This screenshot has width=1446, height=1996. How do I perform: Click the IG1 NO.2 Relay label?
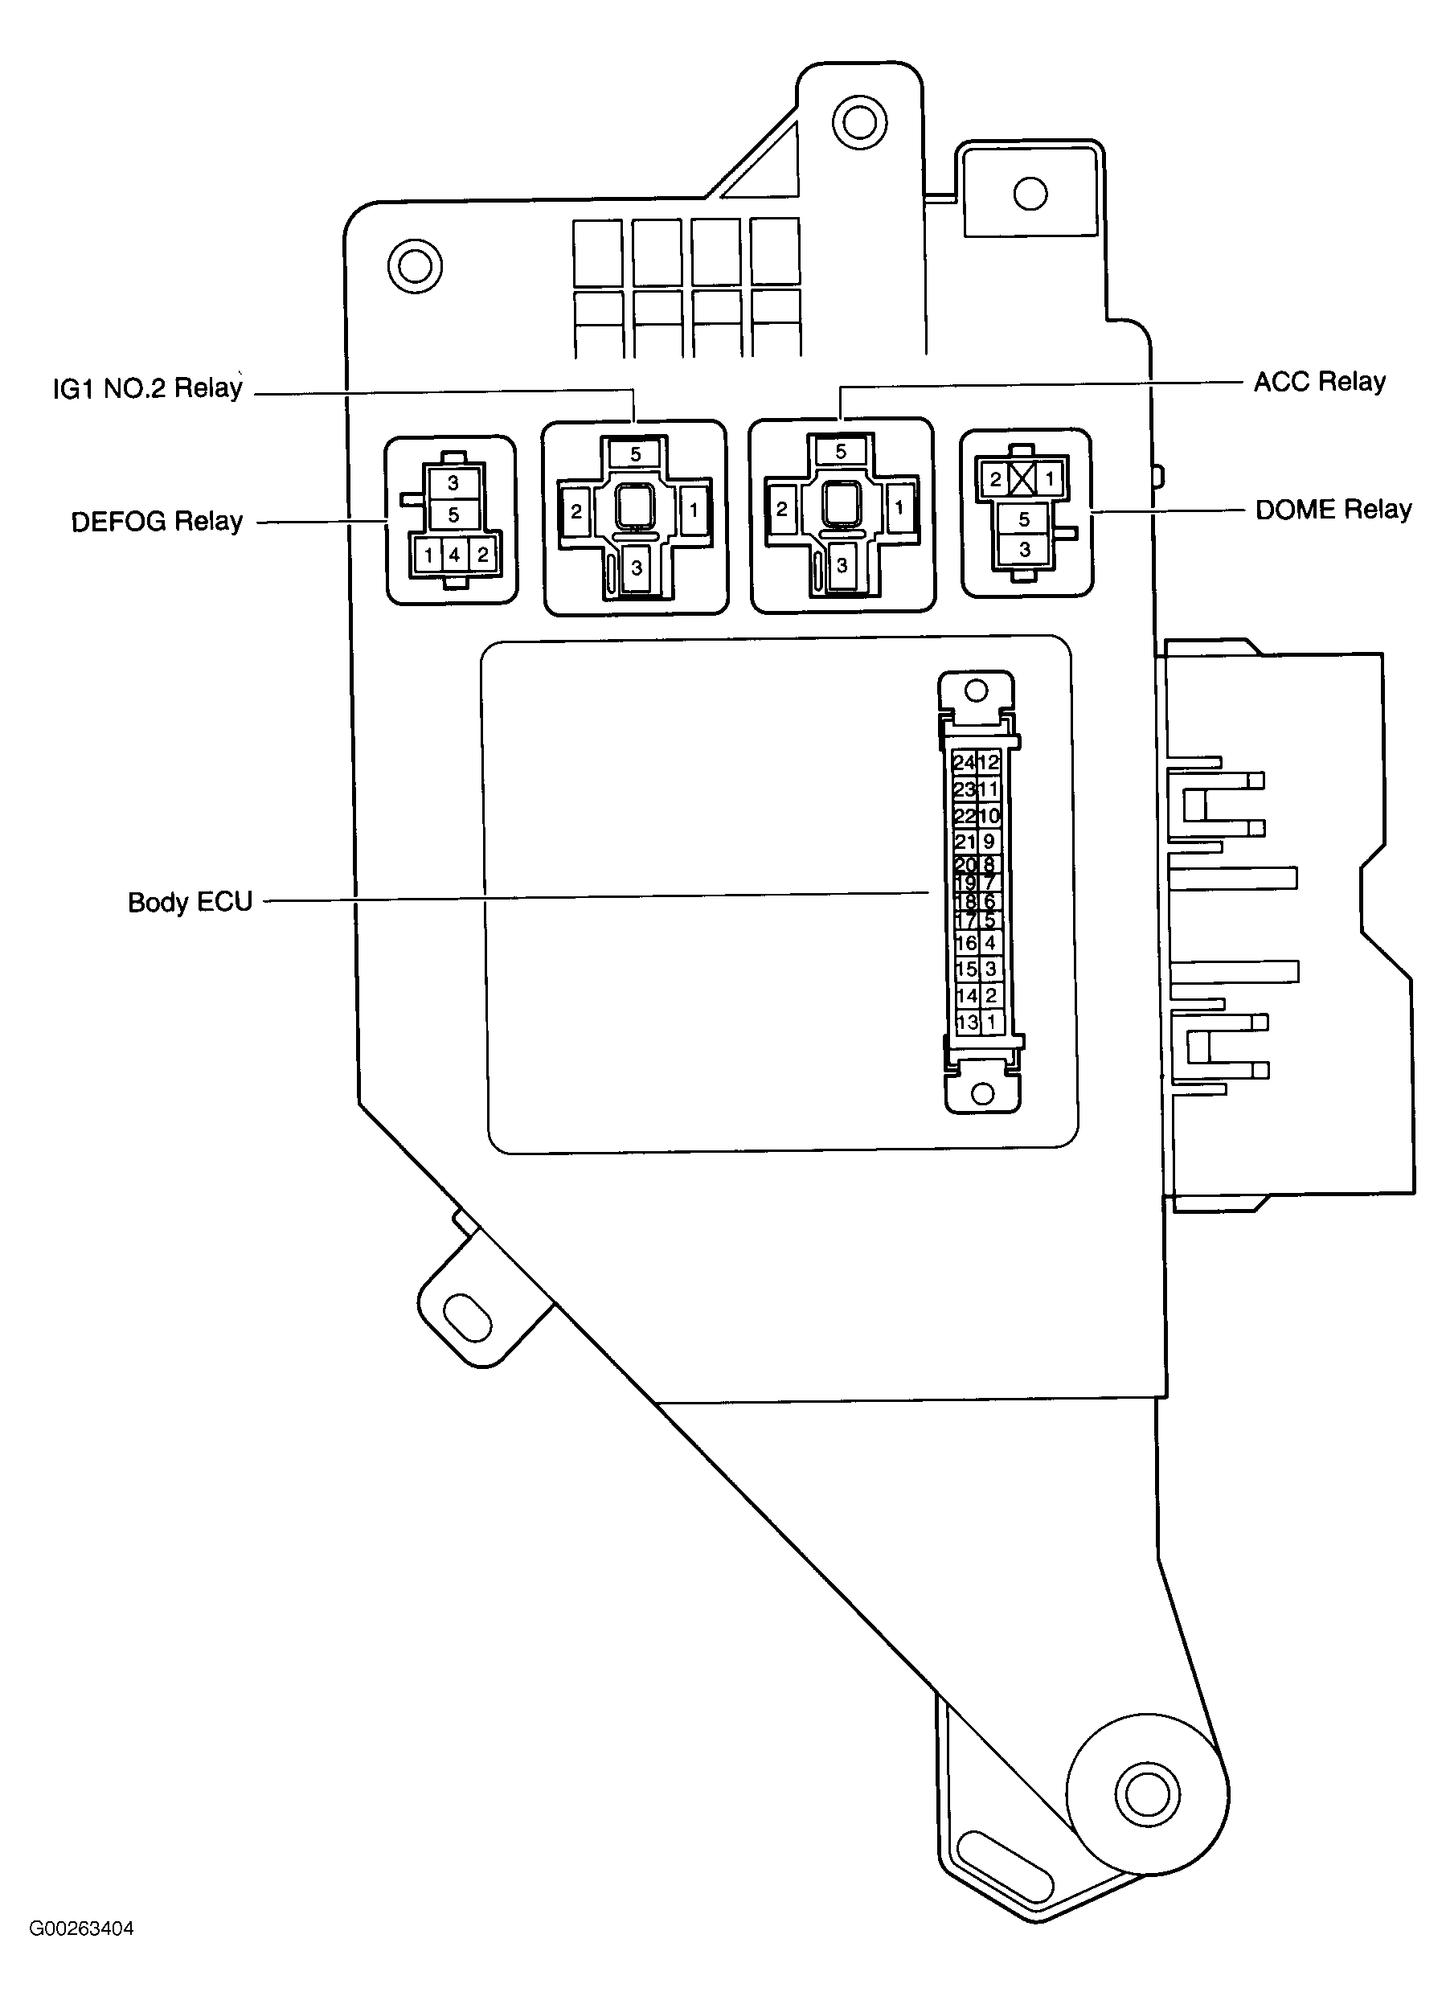[x=147, y=388]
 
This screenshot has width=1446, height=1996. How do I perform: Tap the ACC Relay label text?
[x=1318, y=382]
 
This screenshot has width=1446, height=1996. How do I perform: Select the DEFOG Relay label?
[x=157, y=522]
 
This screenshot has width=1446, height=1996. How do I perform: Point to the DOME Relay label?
[x=1333, y=510]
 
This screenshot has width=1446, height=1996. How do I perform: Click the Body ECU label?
[x=190, y=902]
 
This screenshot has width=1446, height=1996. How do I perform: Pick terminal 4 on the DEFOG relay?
[x=454, y=555]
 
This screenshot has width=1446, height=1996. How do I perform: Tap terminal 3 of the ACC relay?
[x=842, y=565]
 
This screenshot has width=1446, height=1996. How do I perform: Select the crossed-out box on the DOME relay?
[x=1022, y=480]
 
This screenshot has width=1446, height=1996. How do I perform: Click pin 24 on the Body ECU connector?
[x=964, y=762]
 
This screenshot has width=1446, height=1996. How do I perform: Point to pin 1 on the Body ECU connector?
[x=991, y=1022]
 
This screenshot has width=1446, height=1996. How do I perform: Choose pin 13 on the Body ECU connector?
[x=966, y=1022]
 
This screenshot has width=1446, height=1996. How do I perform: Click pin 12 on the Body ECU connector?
[x=989, y=762]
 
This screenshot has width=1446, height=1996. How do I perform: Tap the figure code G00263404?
[x=82, y=1953]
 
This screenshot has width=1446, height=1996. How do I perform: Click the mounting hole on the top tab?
[x=859, y=121]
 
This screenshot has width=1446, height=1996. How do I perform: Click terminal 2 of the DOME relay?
[x=995, y=480]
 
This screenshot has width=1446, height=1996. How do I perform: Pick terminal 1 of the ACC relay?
[x=899, y=508]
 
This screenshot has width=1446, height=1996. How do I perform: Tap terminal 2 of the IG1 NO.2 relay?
[x=576, y=511]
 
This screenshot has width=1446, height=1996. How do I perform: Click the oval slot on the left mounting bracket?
[x=467, y=1318]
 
